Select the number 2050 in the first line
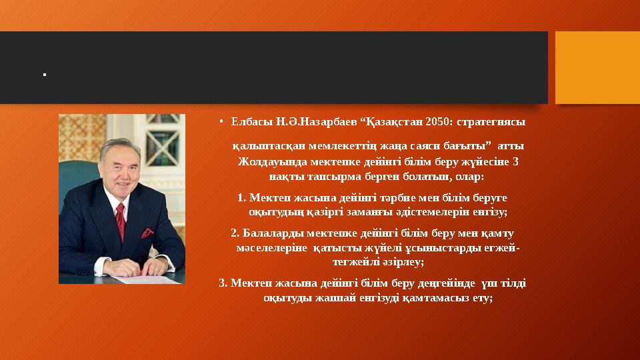(x=432, y=122)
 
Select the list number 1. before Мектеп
(x=242, y=197)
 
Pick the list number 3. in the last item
(x=223, y=283)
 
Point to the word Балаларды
(x=269, y=233)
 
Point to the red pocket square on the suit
(x=147, y=233)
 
